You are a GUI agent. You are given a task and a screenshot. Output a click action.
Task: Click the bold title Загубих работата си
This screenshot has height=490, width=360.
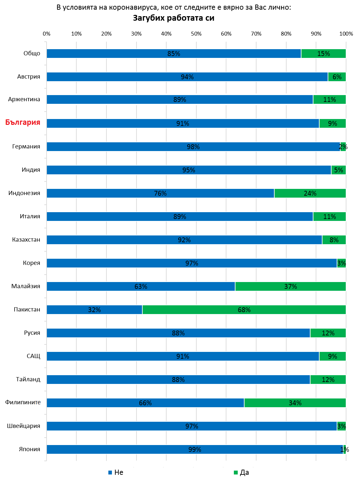174,18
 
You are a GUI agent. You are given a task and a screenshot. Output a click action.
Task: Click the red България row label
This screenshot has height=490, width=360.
23,122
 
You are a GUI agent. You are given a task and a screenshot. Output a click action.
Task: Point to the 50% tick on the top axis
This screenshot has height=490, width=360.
196,34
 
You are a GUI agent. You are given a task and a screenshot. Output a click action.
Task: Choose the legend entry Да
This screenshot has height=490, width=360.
241,472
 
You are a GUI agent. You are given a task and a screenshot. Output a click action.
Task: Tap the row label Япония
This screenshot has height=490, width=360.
29,449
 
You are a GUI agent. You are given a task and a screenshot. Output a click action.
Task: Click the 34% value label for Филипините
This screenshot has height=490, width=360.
295,403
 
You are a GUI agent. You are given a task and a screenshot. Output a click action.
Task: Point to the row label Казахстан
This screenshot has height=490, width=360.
26,240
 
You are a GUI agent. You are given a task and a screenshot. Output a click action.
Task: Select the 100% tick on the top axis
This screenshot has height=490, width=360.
346,34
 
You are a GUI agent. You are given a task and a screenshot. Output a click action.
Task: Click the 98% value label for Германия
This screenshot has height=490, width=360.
193,147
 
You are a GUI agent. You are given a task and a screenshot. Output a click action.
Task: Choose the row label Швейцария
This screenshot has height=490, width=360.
24,426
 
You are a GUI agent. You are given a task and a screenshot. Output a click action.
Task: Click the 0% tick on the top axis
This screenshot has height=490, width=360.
47,34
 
